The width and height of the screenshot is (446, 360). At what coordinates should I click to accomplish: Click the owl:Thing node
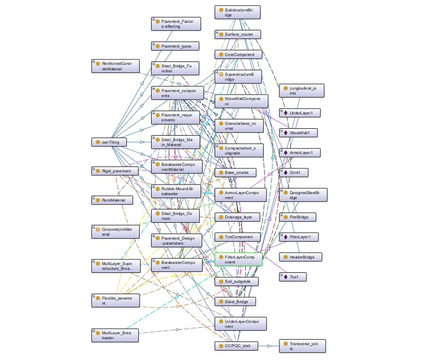pos(109,142)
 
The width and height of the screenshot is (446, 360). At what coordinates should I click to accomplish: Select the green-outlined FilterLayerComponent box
pos(238,259)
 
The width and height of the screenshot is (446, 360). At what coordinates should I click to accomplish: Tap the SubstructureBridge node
pos(237,12)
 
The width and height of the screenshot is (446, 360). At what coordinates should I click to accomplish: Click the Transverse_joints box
pos(302,346)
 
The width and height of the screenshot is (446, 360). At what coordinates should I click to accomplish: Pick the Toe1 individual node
pos(293,277)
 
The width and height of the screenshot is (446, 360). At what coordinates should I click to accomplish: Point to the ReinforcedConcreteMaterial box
pos(115,66)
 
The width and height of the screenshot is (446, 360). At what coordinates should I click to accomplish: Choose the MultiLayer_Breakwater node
pos(115,335)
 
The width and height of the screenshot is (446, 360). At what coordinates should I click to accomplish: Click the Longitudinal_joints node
pos(301,91)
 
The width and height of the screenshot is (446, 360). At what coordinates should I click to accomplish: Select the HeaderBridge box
pos(301,257)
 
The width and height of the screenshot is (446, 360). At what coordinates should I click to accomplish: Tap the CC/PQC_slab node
pos(236,346)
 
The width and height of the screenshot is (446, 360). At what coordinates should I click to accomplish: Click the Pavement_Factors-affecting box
pos(176,24)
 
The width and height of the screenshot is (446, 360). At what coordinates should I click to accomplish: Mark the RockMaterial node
pos(112,201)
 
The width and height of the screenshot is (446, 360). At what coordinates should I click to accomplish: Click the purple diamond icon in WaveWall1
pos(286,133)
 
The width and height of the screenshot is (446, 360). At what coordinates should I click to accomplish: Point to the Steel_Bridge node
pos(235,302)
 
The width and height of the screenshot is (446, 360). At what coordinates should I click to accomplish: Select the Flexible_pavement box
pos(115,301)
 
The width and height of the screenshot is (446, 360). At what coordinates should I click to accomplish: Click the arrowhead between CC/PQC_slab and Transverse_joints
pos(270,346)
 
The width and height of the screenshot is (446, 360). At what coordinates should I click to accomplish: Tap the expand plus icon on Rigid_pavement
pos(94,169)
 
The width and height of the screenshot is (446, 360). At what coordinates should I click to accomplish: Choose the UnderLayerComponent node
pos(241,324)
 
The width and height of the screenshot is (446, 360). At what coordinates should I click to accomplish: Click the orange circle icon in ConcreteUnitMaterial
pos(98,229)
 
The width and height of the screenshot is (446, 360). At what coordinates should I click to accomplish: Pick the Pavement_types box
pos(175,46)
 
